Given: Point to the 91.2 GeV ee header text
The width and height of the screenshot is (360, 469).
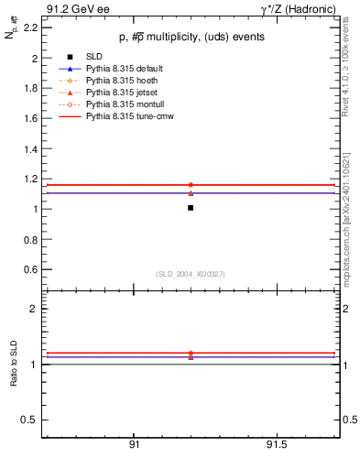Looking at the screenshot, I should [72, 8].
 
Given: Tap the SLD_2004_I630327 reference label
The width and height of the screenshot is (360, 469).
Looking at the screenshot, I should [191, 274].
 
